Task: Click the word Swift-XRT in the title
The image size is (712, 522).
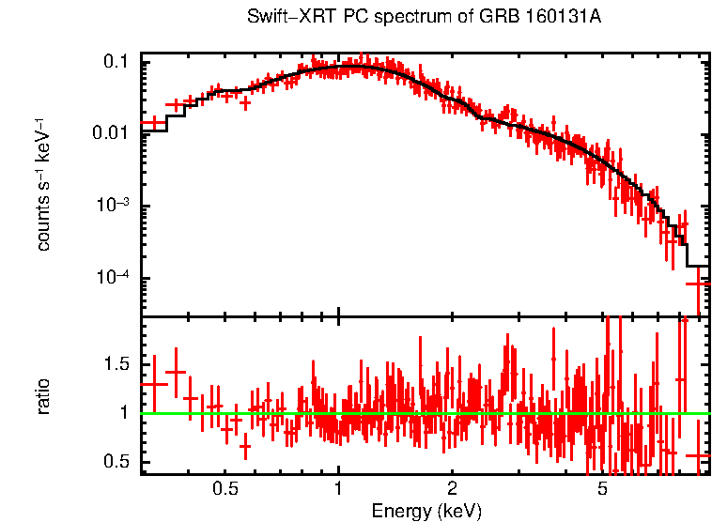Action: point(282,18)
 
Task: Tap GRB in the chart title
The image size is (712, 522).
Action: point(477,18)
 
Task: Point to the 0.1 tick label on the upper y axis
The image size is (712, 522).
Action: point(117,61)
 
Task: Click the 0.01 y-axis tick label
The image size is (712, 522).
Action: point(113,133)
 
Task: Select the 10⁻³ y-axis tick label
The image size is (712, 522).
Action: point(116,207)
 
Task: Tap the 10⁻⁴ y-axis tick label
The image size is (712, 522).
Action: point(116,280)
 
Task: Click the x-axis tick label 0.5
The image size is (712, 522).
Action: point(224,490)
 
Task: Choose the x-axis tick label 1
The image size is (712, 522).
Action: point(338,490)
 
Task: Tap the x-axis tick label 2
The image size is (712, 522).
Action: point(452,490)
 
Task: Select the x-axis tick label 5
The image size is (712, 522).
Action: point(602,490)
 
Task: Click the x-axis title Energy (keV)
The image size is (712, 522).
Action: point(426,512)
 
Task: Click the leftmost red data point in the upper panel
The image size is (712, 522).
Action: point(153,123)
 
